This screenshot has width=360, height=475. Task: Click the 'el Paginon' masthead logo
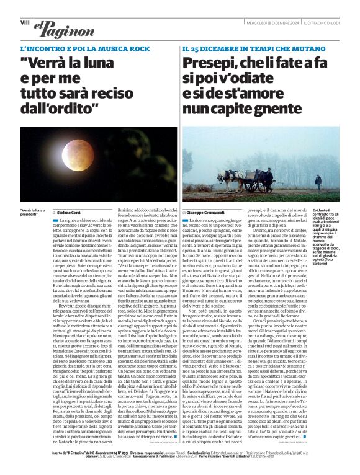click(x=56, y=27)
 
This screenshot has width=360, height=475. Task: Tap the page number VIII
click(x=25, y=22)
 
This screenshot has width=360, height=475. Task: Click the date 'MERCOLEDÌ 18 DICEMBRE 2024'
click(x=268, y=24)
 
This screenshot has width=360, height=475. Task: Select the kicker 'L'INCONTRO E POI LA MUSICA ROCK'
click(x=85, y=48)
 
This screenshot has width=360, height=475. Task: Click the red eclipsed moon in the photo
click(x=76, y=154)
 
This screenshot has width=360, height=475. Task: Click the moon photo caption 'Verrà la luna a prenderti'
click(x=32, y=213)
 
